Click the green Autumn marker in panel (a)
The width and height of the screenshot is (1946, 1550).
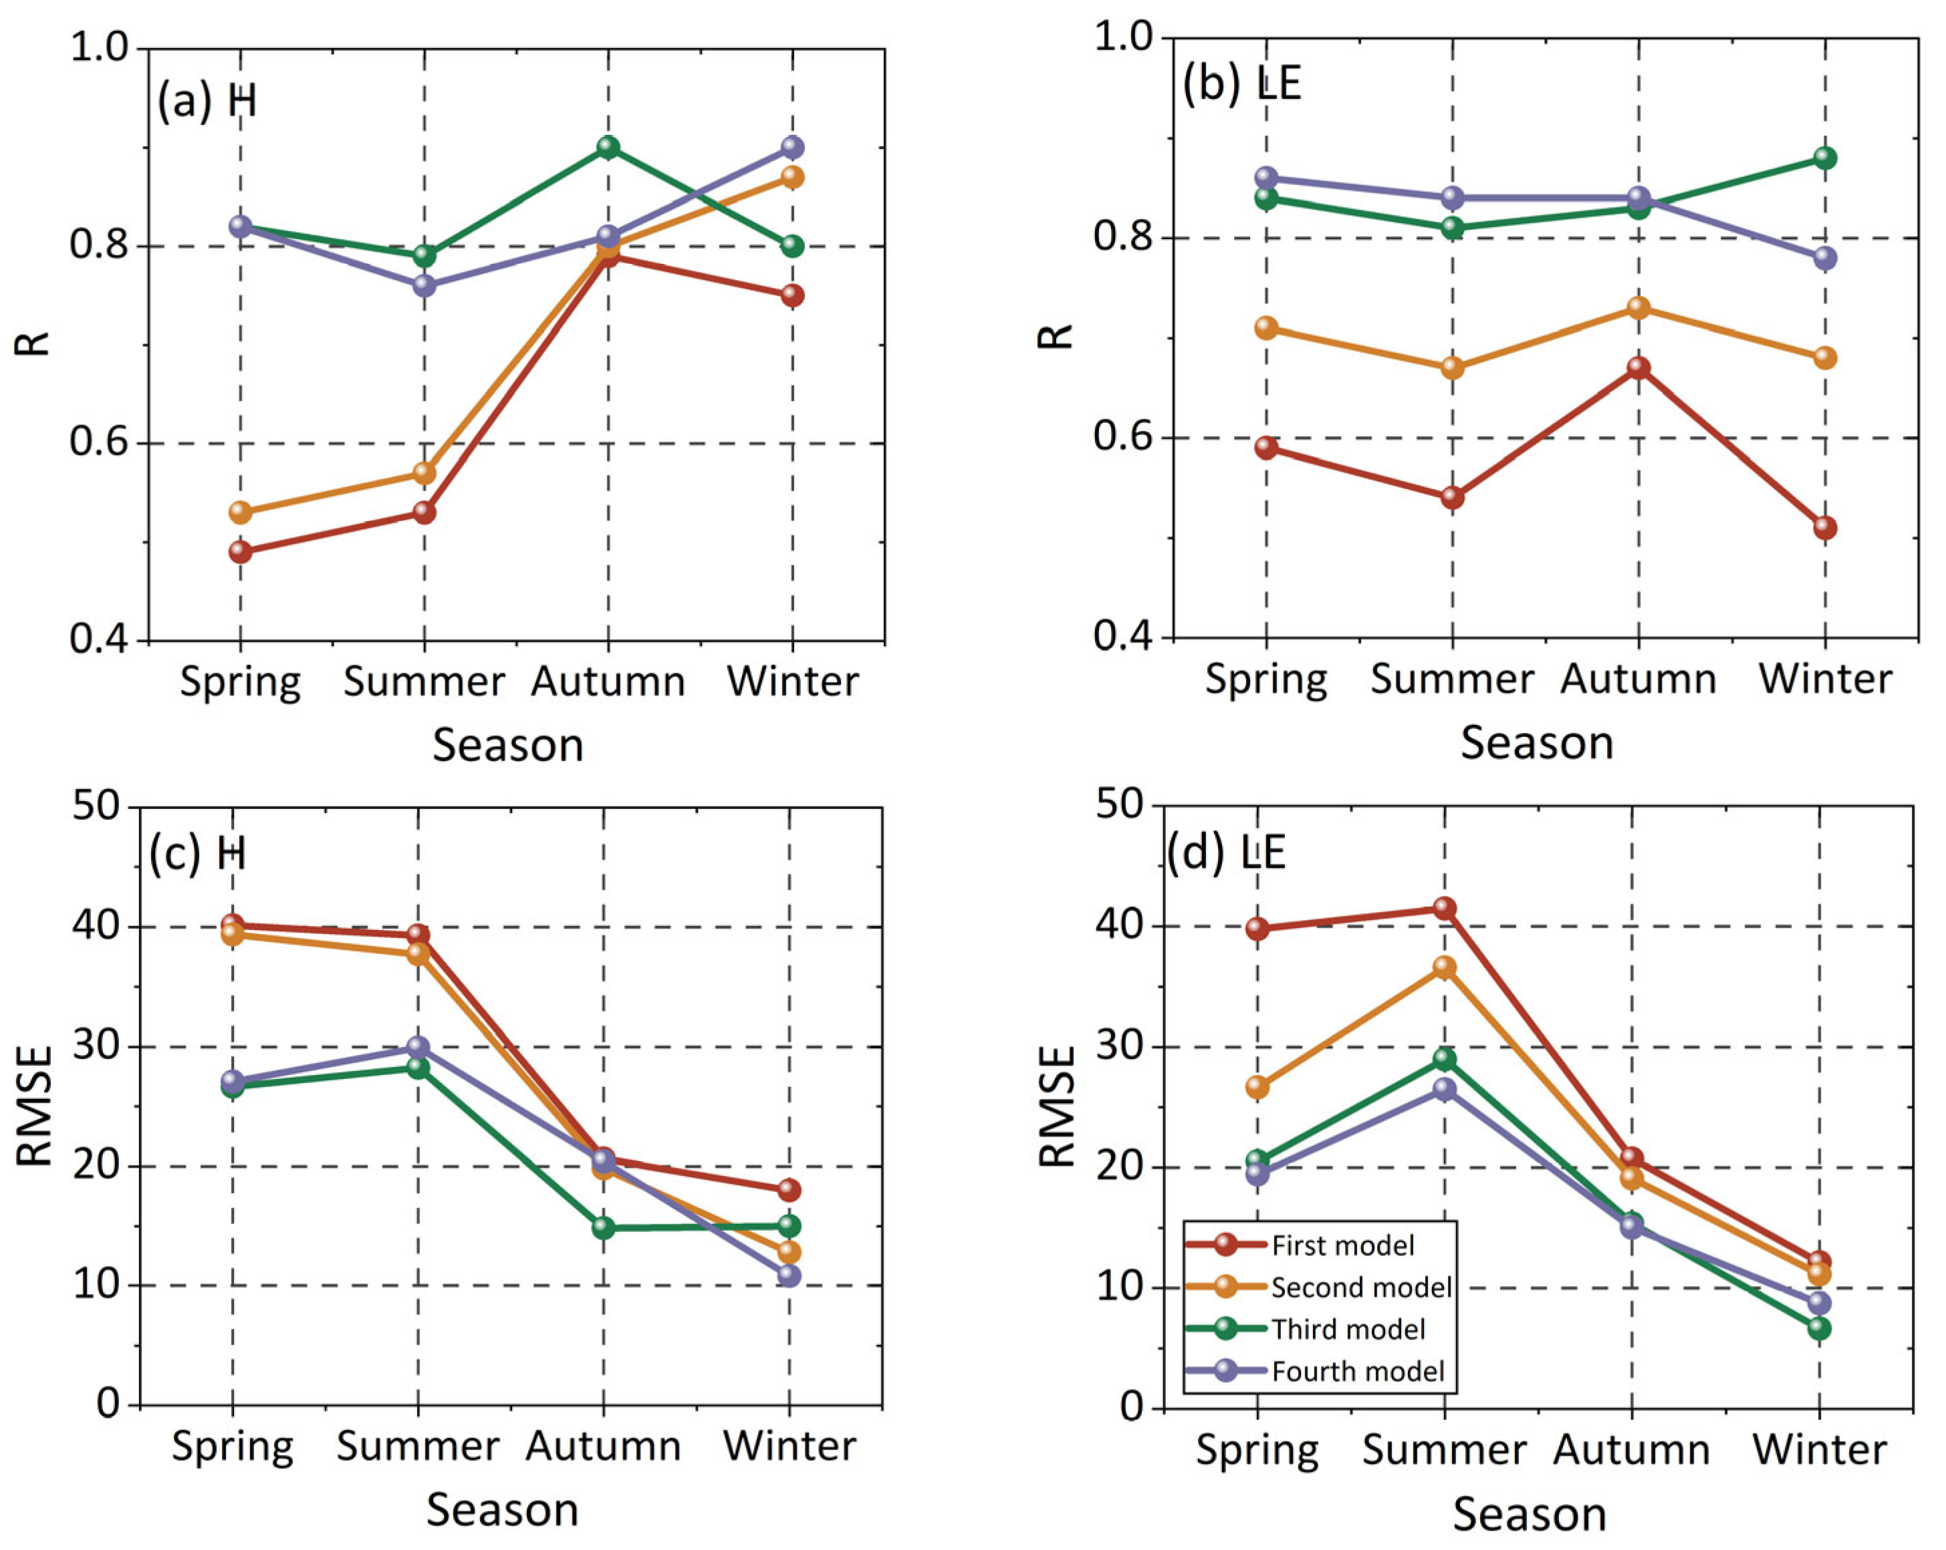[608, 147]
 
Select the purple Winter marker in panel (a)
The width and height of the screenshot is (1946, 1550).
[792, 147]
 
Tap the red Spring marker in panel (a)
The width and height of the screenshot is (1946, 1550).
[240, 551]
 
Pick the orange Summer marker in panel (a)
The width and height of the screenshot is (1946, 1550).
[425, 474]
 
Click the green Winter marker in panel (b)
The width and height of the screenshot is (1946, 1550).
[1825, 158]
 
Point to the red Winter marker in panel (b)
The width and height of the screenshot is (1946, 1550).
[1825, 528]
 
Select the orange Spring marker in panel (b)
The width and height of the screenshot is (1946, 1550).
[1266, 327]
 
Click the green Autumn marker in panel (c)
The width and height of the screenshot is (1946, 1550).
[603, 1227]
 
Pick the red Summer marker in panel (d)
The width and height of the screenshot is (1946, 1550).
[1444, 908]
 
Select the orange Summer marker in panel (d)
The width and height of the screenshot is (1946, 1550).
[1444, 968]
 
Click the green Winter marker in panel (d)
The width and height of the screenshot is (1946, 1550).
[1819, 1328]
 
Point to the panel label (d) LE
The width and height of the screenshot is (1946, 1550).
[1227, 852]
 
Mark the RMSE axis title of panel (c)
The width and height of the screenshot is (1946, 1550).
[34, 1106]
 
